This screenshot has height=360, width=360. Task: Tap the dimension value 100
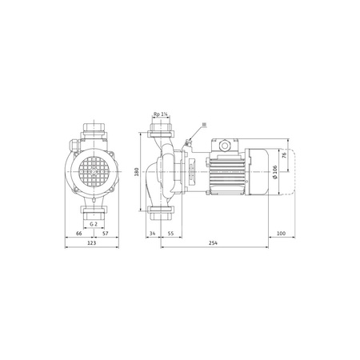pyautogui.click(x=281, y=233)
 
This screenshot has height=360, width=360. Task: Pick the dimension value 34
pyautogui.click(x=153, y=233)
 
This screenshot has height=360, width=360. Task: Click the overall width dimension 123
pyautogui.click(x=92, y=244)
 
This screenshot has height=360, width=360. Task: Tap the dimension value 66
pyautogui.click(x=78, y=233)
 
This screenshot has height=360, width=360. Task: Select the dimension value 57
pyautogui.click(x=106, y=233)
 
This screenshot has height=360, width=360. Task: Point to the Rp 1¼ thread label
pyautogui.click(x=160, y=116)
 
